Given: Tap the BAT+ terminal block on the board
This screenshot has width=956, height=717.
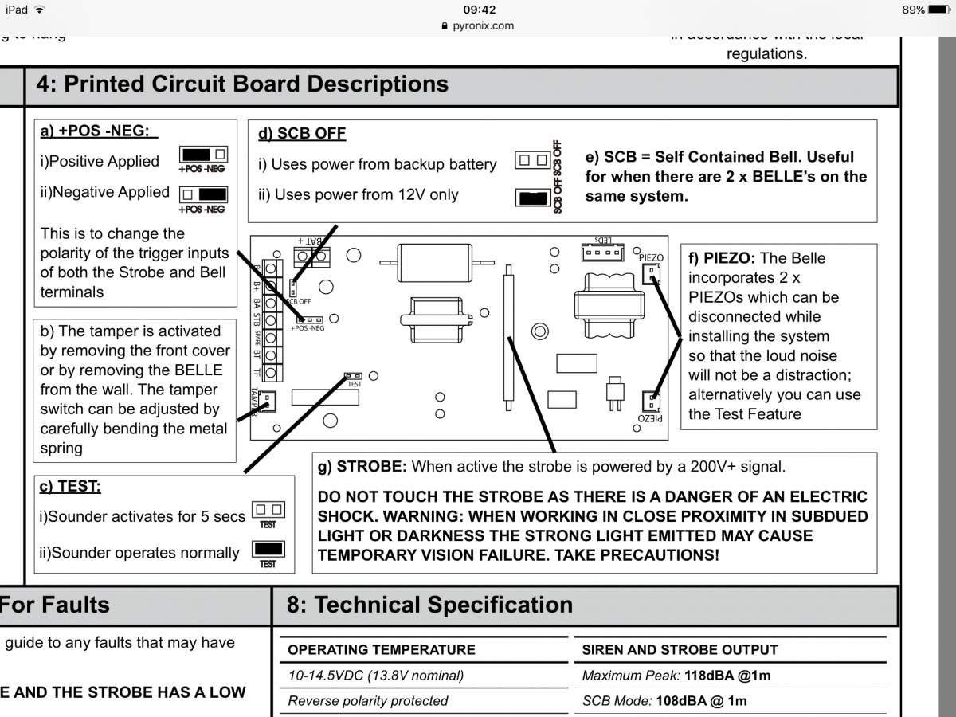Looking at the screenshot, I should (x=312, y=257).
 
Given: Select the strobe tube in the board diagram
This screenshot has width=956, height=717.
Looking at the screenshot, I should (x=507, y=339).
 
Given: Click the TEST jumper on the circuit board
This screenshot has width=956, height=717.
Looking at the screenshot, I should (x=353, y=375).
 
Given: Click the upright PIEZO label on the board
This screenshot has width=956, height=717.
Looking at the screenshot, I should (x=651, y=257).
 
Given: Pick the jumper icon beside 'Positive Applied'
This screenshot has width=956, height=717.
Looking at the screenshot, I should (x=204, y=155).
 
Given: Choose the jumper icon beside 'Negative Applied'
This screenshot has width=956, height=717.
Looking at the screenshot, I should (x=204, y=194).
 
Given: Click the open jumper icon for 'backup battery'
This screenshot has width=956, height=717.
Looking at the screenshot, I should (x=533, y=161).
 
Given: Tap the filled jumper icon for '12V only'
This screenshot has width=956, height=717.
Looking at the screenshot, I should (x=533, y=198).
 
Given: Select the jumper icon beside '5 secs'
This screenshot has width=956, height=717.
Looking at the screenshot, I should (x=268, y=510).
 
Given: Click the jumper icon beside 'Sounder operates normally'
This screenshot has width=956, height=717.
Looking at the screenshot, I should (x=268, y=549).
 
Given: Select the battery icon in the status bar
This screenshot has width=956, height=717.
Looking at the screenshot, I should (x=939, y=10).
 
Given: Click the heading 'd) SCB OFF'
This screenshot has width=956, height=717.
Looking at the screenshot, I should (x=301, y=134).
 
